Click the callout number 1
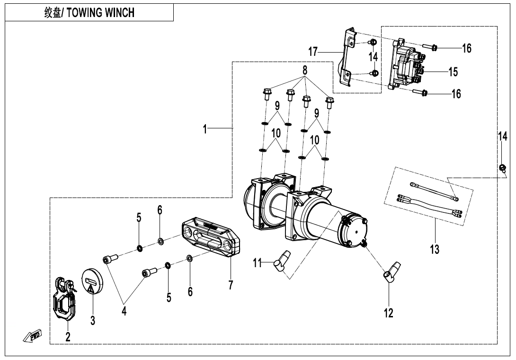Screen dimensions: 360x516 (x=205, y=129)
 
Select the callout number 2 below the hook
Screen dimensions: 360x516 (x=68, y=337)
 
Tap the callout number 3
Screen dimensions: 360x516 (x=93, y=321)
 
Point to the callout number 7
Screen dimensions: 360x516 (x=231, y=285)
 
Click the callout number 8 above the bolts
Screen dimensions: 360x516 (x=305, y=70)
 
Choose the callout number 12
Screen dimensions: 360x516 (x=389, y=313)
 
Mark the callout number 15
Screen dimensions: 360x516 (x=453, y=72)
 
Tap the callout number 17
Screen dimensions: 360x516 (x=313, y=51)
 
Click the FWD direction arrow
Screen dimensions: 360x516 (x=32, y=336)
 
